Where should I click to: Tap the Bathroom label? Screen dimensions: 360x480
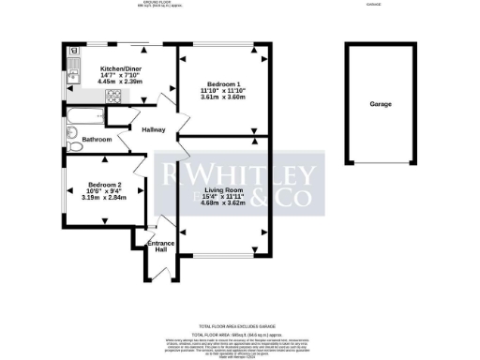pos(97,140)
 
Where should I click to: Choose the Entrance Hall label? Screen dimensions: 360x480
pos(163,247)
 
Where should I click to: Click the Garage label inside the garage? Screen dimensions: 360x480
pos(381,104)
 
